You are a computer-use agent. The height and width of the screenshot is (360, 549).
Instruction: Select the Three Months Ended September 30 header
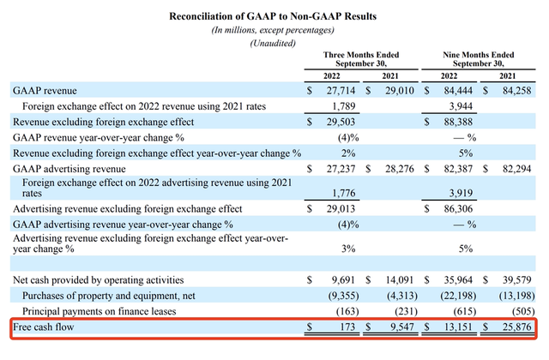tap(361, 60)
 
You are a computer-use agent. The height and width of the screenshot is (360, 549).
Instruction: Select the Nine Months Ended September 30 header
tap(480, 60)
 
